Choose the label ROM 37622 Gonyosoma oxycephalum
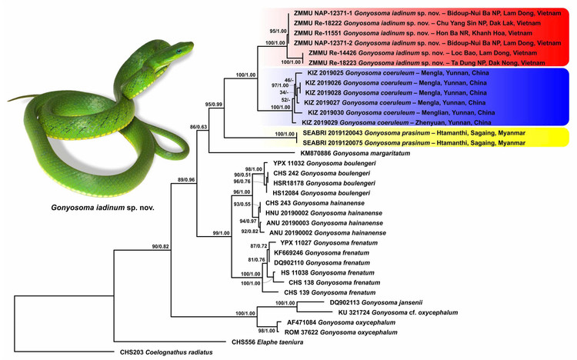tap(348, 332)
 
